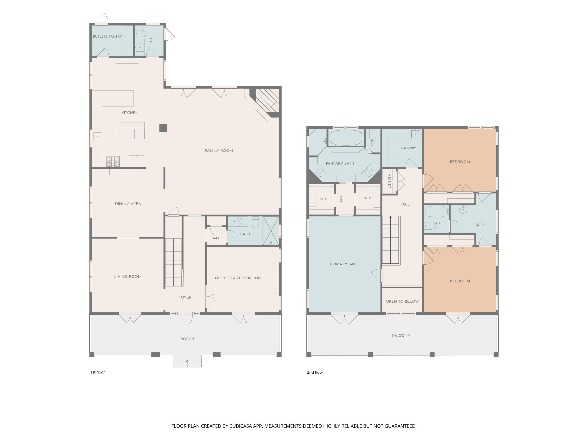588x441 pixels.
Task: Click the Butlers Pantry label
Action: [107, 36]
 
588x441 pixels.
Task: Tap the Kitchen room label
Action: [130, 113]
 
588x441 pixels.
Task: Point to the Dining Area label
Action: [128, 204]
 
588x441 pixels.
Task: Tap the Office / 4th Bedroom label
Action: [238, 278]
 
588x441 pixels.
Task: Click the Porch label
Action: [187, 339]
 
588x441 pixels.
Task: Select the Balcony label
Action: [401, 336]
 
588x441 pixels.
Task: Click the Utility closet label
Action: [390, 181]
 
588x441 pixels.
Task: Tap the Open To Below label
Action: [402, 301]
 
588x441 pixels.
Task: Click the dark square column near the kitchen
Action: [163, 128]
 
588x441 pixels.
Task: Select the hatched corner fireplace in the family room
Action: [267, 101]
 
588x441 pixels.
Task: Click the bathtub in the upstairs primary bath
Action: [346, 137]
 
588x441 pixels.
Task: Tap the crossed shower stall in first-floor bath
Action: [271, 231]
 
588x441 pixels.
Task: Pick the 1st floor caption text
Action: [98, 372]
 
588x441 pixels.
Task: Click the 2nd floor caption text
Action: [315, 372]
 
